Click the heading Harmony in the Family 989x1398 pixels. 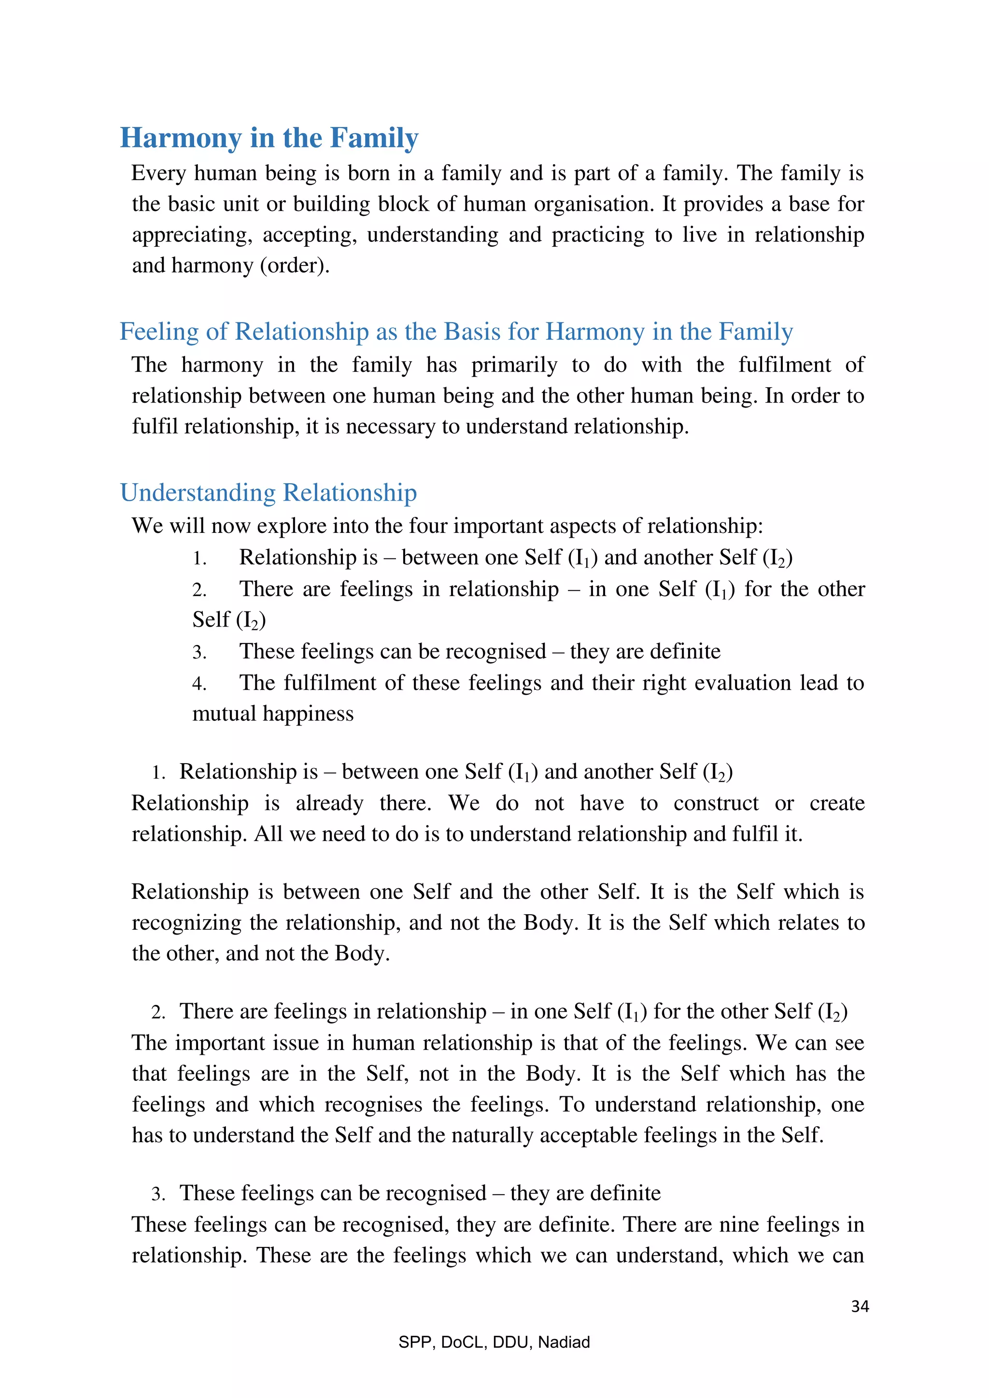click(x=268, y=138)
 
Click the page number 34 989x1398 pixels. click(x=859, y=1306)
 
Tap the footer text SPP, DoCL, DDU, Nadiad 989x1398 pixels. click(x=494, y=1342)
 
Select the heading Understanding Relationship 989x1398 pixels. click(x=268, y=492)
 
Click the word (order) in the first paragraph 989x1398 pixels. click(x=294, y=266)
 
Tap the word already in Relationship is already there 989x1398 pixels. click(x=329, y=804)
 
